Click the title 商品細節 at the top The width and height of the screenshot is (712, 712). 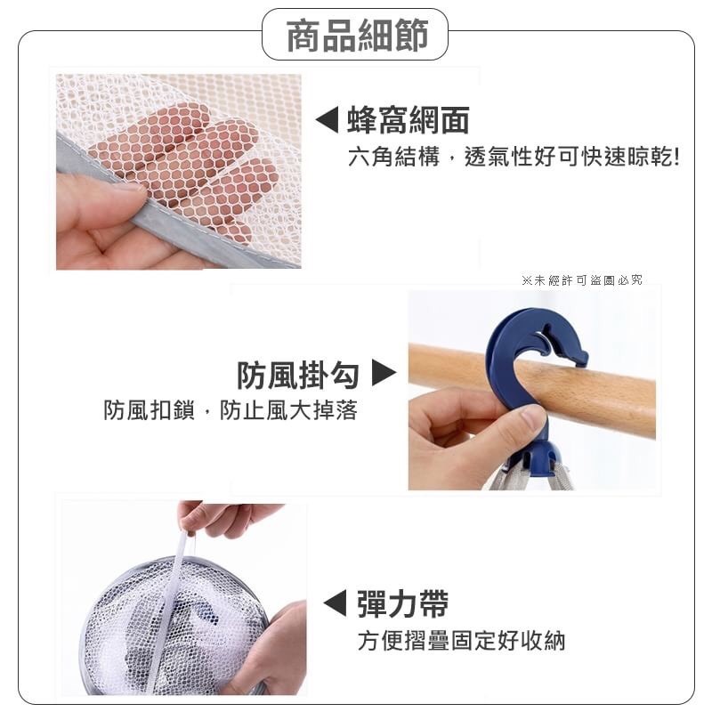[358, 35]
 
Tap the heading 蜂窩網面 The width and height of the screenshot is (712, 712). [409, 120]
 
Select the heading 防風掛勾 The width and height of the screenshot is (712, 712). [298, 375]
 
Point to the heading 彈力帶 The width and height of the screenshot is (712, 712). [403, 603]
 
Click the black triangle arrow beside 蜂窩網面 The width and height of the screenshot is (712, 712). [327, 120]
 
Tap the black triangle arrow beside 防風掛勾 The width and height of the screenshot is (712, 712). [384, 373]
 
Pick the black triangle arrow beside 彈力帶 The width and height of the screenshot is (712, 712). [336, 603]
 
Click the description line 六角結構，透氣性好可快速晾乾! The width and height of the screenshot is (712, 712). [514, 158]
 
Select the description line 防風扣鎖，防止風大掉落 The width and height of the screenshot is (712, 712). [231, 410]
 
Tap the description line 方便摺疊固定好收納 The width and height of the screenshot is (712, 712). [461, 641]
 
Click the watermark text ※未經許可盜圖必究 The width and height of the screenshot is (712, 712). [582, 280]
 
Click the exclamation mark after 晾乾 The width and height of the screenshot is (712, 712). [676, 158]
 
